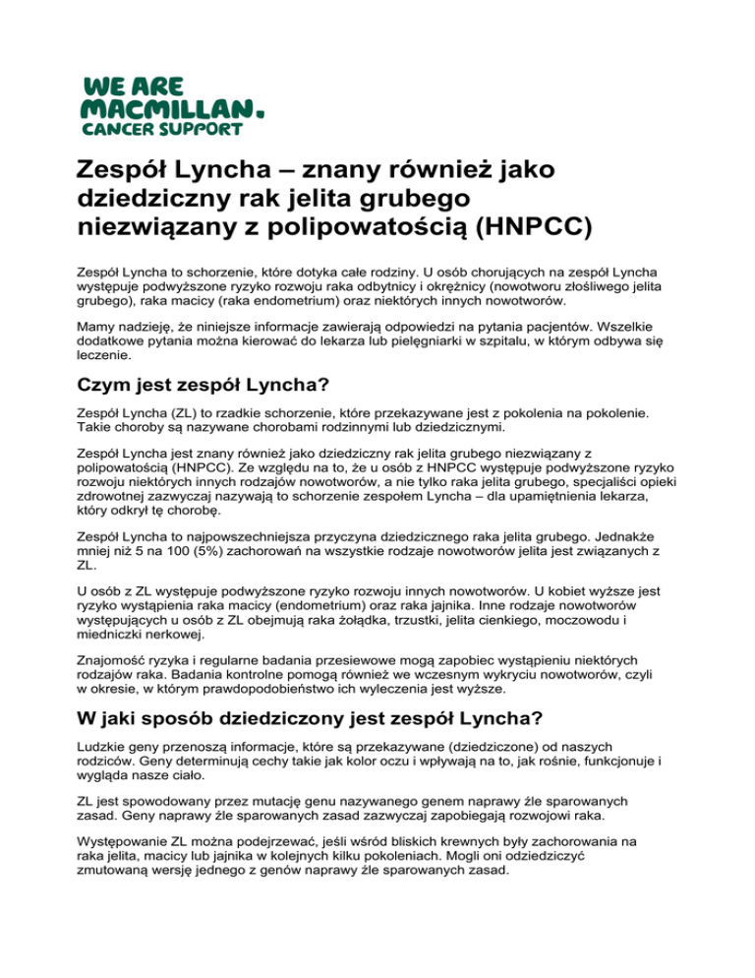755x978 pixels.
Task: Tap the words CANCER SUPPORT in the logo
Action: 174,128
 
